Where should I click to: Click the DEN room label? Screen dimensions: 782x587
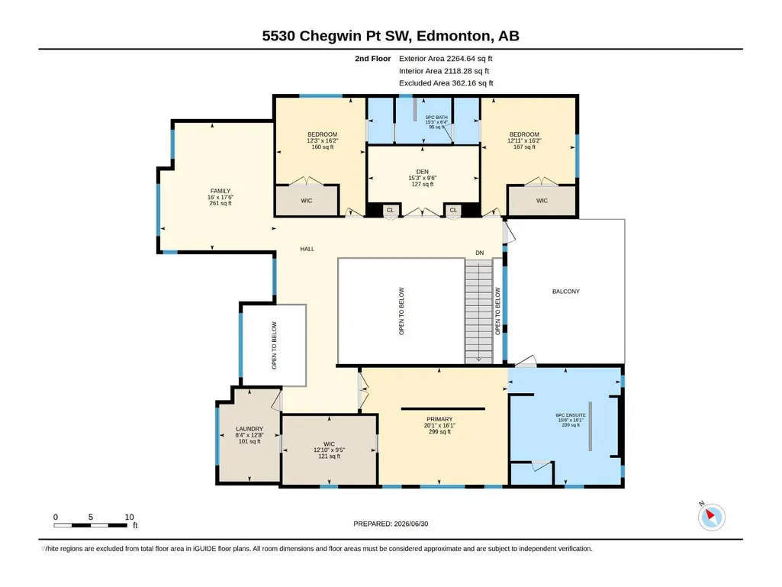[x=423, y=172]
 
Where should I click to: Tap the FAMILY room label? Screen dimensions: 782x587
[x=220, y=191]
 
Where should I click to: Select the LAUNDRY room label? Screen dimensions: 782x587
[x=249, y=429]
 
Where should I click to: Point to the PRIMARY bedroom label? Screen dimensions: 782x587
[x=439, y=419]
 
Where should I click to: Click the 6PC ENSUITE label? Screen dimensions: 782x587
[x=571, y=415]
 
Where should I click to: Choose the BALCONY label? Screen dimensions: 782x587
[x=566, y=292]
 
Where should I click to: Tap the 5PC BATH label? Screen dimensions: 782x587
[x=436, y=118]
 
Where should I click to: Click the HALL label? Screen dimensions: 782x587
[x=307, y=249]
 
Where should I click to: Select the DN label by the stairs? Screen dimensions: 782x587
[x=480, y=253]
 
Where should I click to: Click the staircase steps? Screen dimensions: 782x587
[x=479, y=311]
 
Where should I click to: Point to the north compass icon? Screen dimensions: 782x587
[x=711, y=517]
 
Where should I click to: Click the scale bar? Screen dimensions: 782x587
[x=90, y=525]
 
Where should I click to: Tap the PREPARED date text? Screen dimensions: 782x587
[x=391, y=524]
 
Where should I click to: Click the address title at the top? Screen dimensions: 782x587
[x=391, y=36]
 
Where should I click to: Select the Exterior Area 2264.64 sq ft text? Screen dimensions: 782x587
[x=446, y=59]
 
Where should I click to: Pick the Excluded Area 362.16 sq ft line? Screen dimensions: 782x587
[x=446, y=83]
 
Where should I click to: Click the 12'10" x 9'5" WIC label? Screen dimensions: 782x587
[x=329, y=450]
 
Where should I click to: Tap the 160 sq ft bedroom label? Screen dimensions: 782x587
[x=322, y=147]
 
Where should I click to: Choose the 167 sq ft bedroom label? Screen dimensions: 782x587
[x=524, y=147]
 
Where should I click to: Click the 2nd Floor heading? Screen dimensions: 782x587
[x=372, y=59]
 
